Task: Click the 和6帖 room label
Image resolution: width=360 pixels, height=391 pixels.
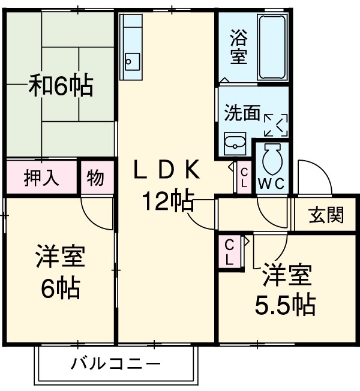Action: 61,86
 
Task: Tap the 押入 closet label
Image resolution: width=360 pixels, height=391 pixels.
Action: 41,178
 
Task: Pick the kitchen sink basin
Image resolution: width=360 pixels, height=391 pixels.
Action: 131,61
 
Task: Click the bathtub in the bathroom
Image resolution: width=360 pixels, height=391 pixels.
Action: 273,47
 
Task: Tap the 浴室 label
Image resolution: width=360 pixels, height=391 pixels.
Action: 239,47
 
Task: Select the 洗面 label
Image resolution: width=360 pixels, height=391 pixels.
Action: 242,113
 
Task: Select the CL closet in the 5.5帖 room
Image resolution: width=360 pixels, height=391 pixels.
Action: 230,252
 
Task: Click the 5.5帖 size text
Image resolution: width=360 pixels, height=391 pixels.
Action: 285,306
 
